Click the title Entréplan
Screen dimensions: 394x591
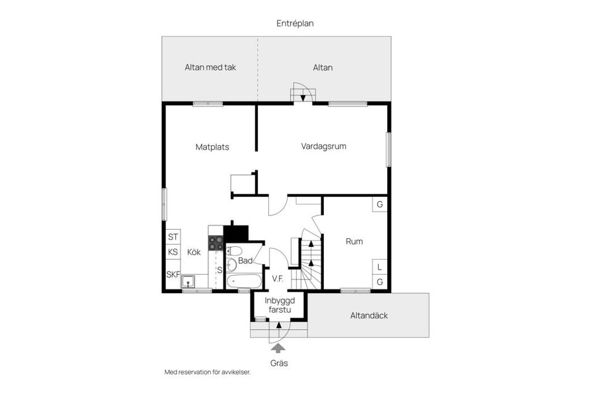pos(295,23)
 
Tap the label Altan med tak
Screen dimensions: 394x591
pos(211,67)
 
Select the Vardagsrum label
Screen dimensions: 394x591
pos(324,147)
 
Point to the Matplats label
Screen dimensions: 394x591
pos(212,147)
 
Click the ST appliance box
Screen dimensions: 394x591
pos(173,236)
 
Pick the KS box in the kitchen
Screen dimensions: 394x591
pos(173,252)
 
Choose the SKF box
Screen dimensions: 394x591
pos(173,275)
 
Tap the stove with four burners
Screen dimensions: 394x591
pos(215,243)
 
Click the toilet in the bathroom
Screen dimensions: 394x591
pos(232,264)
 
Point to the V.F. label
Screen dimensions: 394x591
pos(278,279)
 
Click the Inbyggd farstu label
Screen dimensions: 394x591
pos(280,305)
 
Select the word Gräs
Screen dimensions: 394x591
pos(279,363)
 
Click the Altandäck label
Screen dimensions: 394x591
pos(369,316)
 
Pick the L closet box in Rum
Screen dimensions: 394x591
pos(380,267)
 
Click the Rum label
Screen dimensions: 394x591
pos(354,241)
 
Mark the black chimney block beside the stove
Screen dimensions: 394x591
pos(235,233)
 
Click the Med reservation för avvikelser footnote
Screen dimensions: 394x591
pos(207,372)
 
